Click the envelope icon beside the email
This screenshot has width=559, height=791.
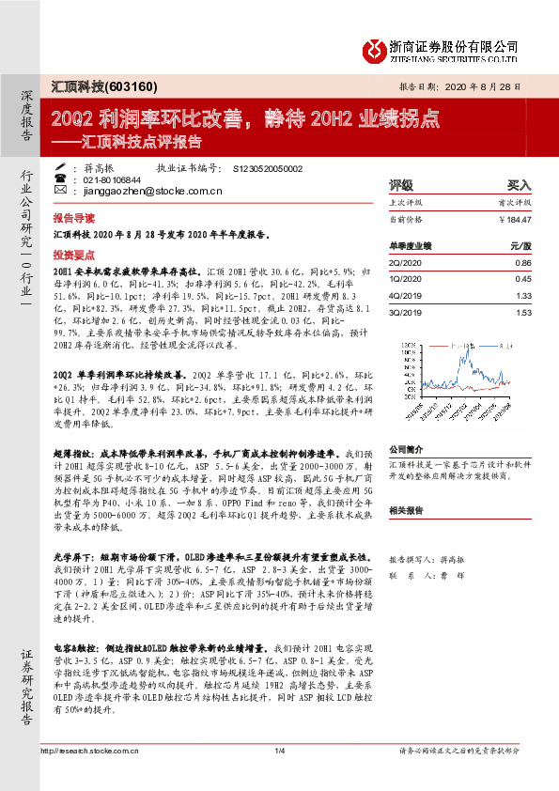point(61,191)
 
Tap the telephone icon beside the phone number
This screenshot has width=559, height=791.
point(61,178)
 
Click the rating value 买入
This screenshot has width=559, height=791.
point(519,185)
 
